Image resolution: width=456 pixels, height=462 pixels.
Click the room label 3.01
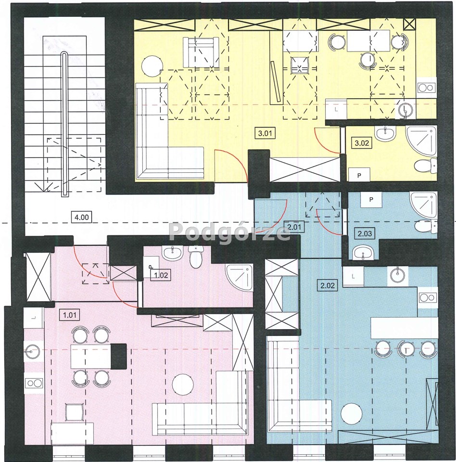coord(265,133)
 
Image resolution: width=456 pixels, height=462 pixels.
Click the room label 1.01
coord(70,315)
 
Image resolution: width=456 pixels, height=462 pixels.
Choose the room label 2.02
coord(328,285)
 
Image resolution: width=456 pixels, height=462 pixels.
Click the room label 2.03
coord(365,233)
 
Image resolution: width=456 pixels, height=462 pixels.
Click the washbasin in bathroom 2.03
coord(363,253)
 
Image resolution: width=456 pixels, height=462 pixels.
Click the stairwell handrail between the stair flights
coord(64,124)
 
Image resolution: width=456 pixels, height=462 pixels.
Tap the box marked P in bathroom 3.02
coord(359,175)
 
